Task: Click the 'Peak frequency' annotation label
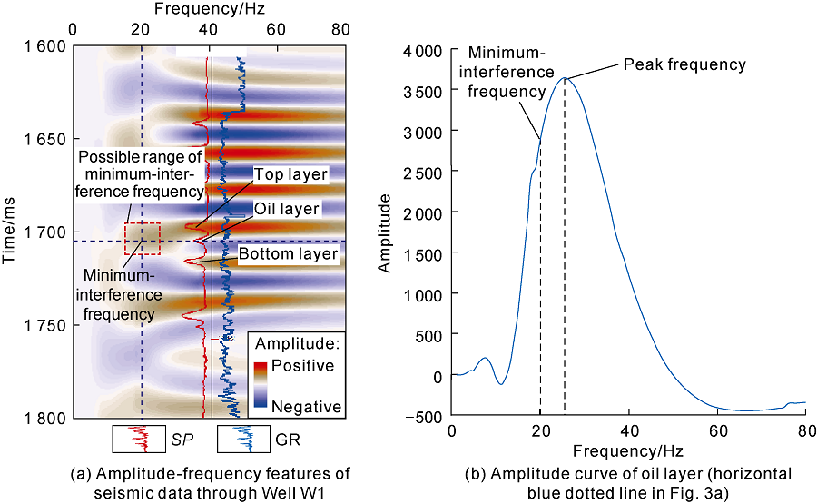tap(684, 65)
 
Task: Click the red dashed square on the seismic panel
tap(143, 238)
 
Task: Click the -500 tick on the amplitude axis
tap(428, 417)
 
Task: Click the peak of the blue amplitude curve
tap(566, 77)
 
